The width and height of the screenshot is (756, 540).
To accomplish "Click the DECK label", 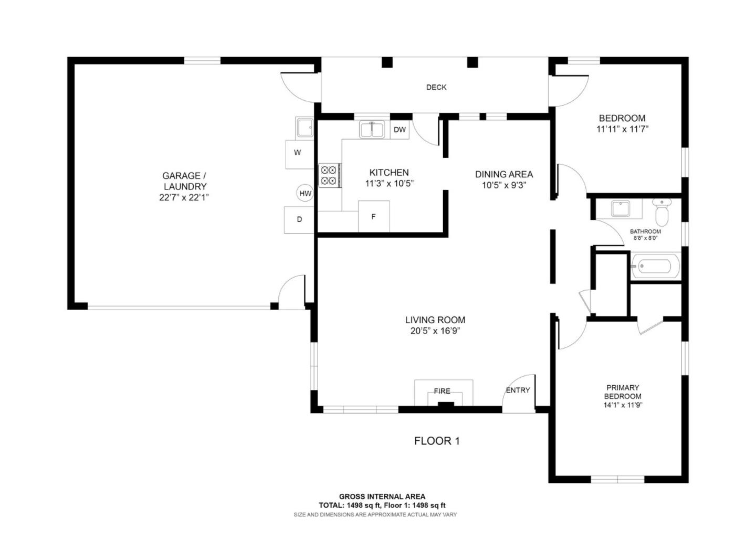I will click(436, 87).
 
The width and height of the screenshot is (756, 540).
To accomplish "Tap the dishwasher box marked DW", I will click(400, 130).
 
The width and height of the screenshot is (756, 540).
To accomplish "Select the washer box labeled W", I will click(298, 153).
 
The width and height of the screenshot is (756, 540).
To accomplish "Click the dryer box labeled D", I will click(299, 219).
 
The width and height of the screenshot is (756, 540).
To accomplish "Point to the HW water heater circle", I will click(305, 193).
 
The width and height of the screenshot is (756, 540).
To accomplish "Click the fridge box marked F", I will click(373, 216).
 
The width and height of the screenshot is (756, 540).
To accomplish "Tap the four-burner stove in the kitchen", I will click(330, 175).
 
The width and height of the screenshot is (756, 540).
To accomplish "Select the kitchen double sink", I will click(372, 130).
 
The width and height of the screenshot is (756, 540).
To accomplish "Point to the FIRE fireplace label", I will click(442, 391).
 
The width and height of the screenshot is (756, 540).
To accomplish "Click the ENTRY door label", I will click(518, 390).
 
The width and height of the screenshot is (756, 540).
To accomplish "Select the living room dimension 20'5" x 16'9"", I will click(435, 331).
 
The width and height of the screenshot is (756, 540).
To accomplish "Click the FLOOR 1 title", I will click(436, 441).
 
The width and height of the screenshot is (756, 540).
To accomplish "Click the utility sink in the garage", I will click(304, 127).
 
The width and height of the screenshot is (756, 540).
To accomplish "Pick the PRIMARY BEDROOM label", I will click(623, 392).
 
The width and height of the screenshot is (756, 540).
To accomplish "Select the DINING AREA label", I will click(503, 174).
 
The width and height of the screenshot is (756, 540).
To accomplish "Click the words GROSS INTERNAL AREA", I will click(382, 496).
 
